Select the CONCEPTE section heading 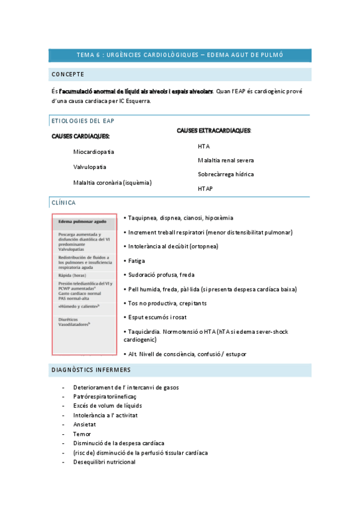tap(68, 75)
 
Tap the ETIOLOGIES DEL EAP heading tap(84, 121)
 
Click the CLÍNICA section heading tap(63, 203)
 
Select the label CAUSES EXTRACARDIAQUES tap(214, 131)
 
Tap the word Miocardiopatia tap(94, 152)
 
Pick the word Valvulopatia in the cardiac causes tap(90, 167)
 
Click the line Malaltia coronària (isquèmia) tap(112, 182)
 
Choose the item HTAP tap(206, 189)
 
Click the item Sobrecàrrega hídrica tap(225, 174)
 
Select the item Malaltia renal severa tap(225, 160)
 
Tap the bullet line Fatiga tap(136, 261)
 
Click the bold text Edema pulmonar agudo tap(82, 221)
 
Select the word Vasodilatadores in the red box tap(74, 324)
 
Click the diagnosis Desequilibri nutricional tap(104, 462)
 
